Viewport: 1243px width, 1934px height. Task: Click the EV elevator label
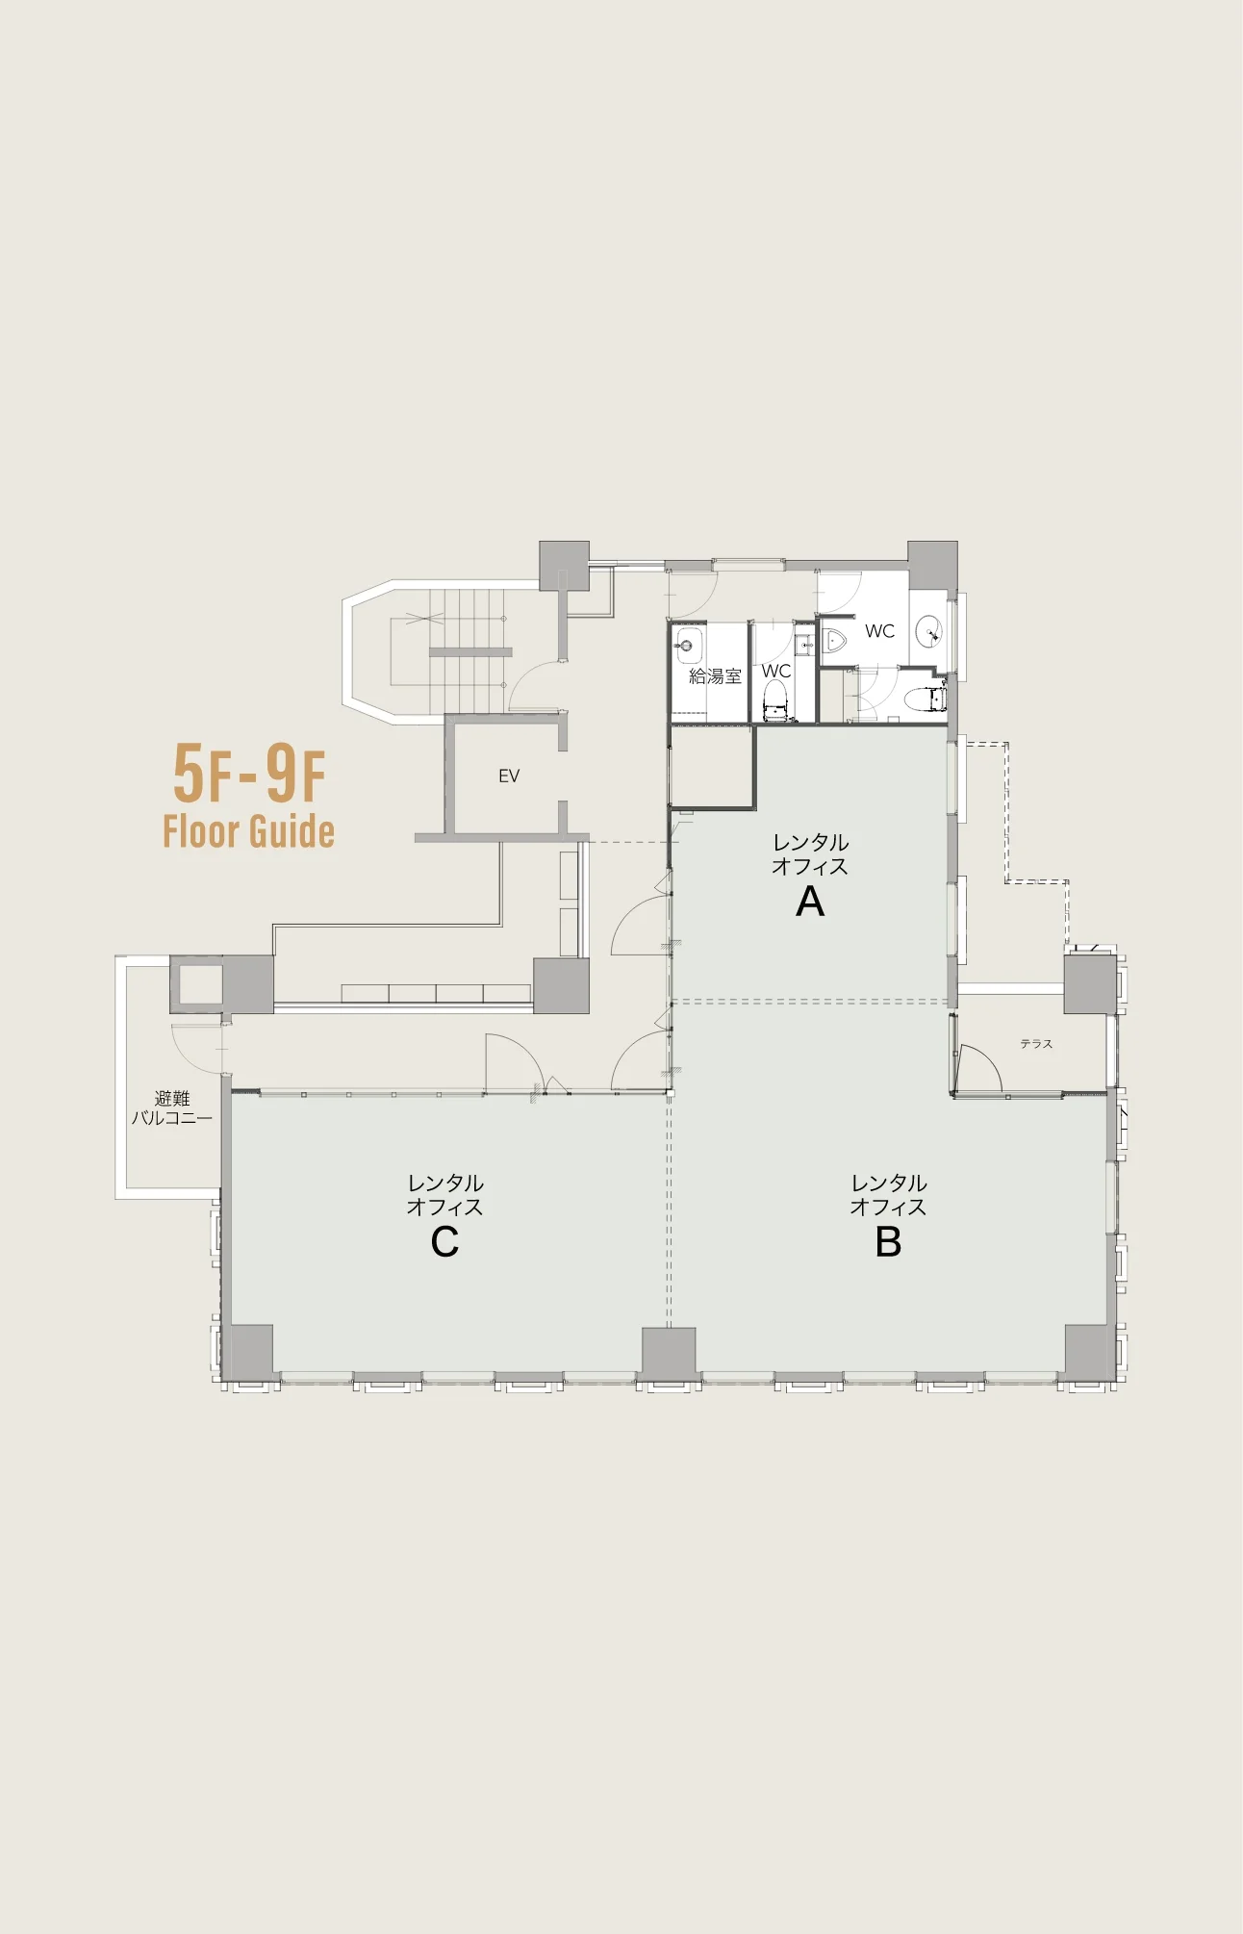tap(509, 776)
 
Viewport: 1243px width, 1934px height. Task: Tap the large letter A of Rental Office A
tap(810, 902)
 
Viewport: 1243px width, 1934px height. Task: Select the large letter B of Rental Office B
tap(888, 1242)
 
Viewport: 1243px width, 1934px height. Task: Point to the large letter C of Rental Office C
tap(444, 1242)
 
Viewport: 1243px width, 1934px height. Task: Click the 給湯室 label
tap(715, 676)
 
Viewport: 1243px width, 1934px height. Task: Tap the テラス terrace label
tap(1036, 1044)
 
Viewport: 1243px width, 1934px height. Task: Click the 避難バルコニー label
tap(171, 1107)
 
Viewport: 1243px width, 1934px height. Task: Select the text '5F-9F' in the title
tap(249, 774)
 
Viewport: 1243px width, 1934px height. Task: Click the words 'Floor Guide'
tap(248, 831)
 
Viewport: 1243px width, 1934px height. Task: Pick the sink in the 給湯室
tap(689, 646)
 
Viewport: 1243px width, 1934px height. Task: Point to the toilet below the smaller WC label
tap(776, 701)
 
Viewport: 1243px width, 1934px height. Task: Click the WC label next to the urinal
tap(879, 631)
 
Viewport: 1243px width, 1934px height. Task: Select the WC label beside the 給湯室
tap(776, 671)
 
